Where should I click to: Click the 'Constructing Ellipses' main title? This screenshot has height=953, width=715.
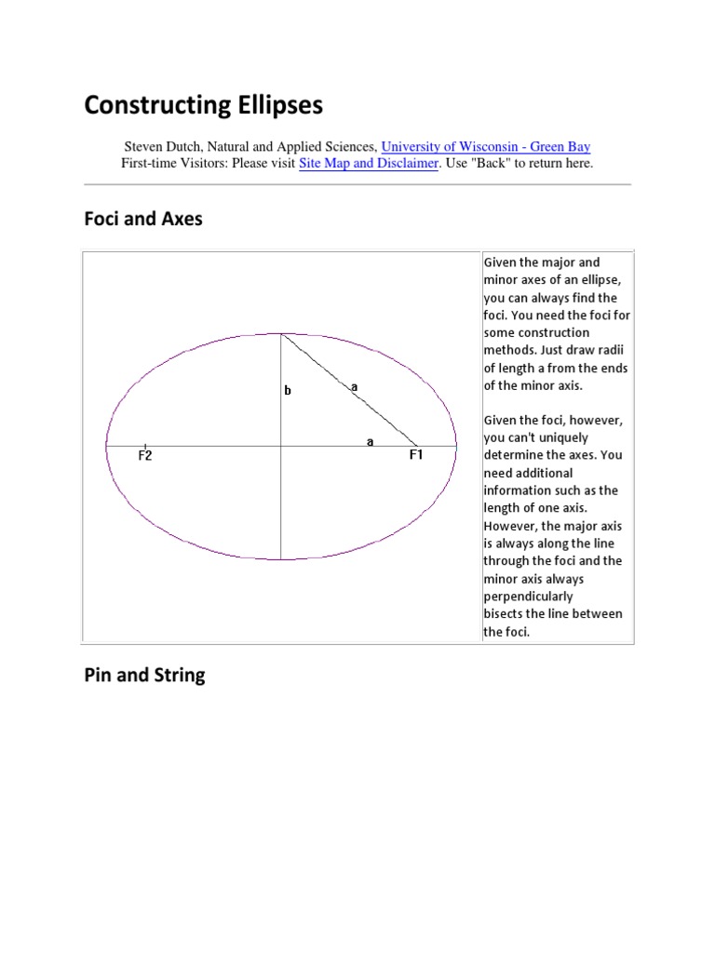[x=203, y=105]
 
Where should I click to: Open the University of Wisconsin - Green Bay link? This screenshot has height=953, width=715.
[x=486, y=146]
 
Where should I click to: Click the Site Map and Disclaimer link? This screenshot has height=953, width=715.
[x=368, y=163]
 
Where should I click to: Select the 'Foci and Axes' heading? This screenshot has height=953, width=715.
[x=142, y=221]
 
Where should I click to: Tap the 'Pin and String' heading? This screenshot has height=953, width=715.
[x=144, y=676]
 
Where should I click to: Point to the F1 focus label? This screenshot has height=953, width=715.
[x=416, y=456]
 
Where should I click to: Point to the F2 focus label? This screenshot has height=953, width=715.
[x=145, y=456]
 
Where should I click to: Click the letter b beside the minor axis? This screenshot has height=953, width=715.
[x=288, y=391]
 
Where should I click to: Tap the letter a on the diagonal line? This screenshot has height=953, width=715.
[x=354, y=385]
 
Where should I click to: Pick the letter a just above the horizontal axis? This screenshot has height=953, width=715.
[x=371, y=441]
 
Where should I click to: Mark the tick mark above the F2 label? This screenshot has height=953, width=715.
[x=145, y=446]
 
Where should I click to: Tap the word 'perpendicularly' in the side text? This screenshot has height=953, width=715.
[x=528, y=597]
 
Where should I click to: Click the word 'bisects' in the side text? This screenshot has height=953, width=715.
[x=504, y=614]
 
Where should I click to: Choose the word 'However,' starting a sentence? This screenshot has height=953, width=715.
[x=510, y=526]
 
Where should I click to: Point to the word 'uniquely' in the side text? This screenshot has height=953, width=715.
[x=560, y=437]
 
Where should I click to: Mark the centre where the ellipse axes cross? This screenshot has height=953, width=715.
[x=281, y=447]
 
